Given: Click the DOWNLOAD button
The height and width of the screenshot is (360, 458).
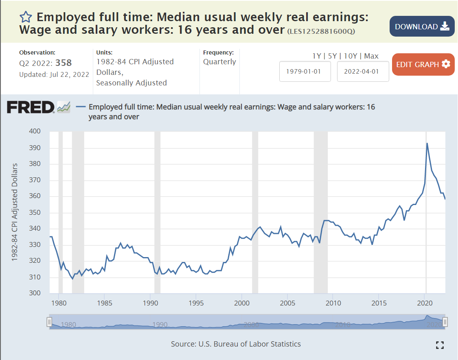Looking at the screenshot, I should [x=422, y=26].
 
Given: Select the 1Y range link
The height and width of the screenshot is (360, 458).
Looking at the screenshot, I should [x=316, y=56].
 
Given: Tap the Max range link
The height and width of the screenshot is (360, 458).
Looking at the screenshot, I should [x=371, y=56].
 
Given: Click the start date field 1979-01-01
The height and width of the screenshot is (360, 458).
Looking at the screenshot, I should [x=305, y=71].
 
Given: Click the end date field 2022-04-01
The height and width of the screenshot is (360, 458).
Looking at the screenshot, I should [x=363, y=71].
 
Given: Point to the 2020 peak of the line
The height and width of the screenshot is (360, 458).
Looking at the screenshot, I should [x=427, y=143].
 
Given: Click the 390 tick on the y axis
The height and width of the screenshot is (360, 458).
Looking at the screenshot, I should [x=35, y=148].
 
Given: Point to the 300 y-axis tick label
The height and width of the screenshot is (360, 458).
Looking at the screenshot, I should [x=35, y=293].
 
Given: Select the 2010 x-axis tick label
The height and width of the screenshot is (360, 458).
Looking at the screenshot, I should [x=333, y=303].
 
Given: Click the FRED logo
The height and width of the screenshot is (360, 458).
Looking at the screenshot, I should [x=31, y=107].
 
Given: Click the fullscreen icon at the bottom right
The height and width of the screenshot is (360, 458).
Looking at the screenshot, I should [x=439, y=345].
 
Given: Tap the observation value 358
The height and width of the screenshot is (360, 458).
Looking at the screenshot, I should [x=64, y=63].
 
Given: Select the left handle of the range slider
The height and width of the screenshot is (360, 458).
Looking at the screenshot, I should [x=49, y=322].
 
